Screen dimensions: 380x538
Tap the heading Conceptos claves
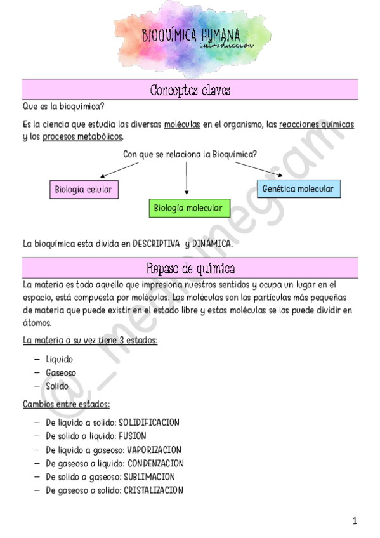[190, 91]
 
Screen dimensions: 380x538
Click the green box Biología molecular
[188, 207]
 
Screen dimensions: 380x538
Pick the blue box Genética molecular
[298, 188]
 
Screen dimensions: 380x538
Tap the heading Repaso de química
[190, 267]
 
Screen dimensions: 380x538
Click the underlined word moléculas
[182, 125]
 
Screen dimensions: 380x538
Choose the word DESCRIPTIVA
[152, 243]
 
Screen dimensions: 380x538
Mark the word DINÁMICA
[213, 243]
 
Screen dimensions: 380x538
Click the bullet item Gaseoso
[61, 372]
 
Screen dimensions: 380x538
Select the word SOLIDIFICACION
[149, 423]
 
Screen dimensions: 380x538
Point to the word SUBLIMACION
[149, 476]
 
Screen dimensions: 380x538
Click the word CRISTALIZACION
[153, 490]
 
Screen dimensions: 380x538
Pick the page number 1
[355, 521]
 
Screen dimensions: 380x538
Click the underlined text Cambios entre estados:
[66, 403]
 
